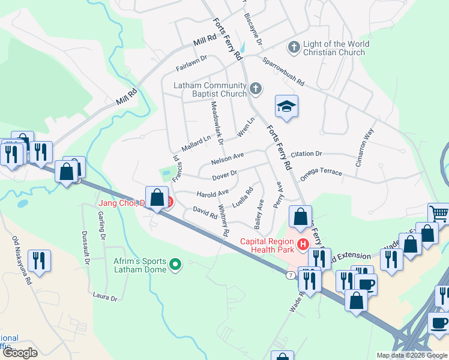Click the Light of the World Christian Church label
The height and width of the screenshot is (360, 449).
coord(333,48)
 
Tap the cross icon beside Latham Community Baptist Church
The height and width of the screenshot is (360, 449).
coord(256,89)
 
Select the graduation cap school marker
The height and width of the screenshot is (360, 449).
coord(287,107)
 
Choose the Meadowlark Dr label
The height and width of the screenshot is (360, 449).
coord(217,123)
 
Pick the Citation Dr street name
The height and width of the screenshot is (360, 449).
coord(310,154)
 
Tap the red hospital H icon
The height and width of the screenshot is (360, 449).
coord(303,244)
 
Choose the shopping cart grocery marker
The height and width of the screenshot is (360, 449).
coord(439,213)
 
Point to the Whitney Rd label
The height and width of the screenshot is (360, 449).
coord(223,220)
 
